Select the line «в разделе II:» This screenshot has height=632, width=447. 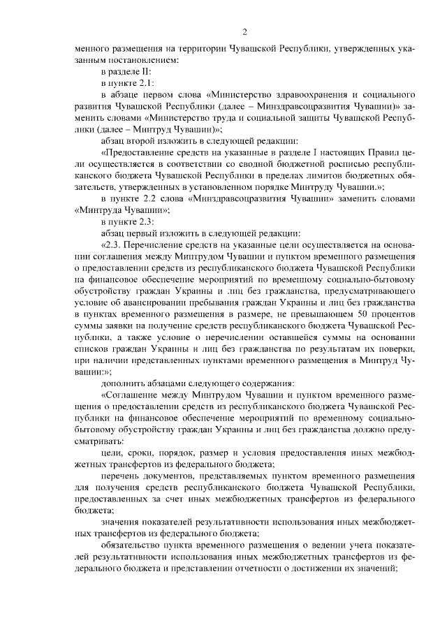[125, 71]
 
